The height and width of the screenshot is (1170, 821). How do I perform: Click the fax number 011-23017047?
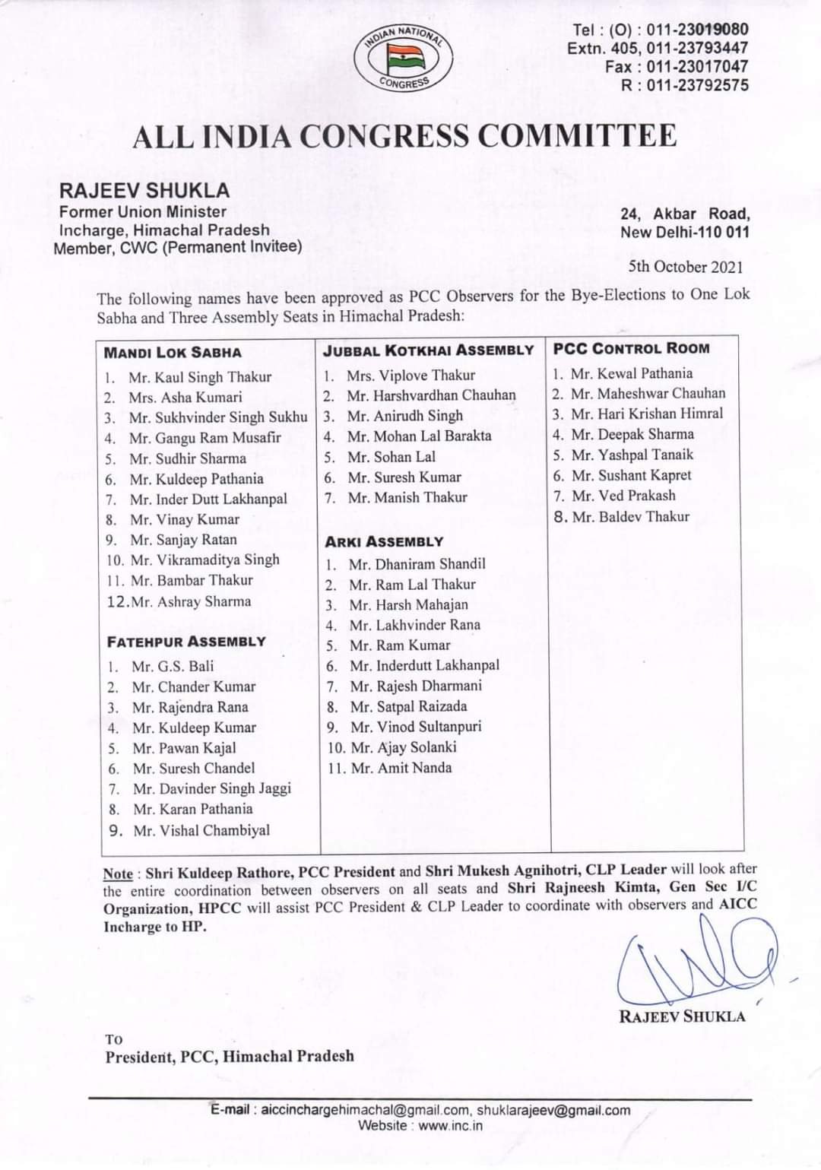point(697,67)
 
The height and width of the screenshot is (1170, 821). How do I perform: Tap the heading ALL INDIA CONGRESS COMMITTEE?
point(404,136)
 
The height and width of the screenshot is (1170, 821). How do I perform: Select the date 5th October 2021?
point(686,267)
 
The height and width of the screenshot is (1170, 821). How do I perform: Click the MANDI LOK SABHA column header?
point(173,352)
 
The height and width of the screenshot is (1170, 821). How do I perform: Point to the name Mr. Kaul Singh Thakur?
point(199,377)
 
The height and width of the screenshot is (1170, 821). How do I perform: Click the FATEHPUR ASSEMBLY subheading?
point(186,642)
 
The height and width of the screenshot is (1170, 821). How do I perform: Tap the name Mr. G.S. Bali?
point(173,667)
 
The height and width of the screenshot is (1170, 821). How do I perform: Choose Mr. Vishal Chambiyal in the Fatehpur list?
point(201,830)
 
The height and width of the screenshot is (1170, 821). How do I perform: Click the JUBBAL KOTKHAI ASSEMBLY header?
point(429,350)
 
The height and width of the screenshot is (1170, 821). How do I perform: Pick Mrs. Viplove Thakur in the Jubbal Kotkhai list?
point(410,376)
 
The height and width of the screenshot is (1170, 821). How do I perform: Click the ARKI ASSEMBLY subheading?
point(384,542)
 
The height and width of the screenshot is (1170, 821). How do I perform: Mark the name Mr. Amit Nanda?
point(401,768)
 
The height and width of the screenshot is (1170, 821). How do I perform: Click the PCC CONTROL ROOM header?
point(631,349)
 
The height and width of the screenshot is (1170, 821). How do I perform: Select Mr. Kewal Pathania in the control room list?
point(631,373)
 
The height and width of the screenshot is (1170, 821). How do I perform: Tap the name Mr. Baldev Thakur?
point(630,517)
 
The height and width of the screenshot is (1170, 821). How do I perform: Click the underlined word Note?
point(118,874)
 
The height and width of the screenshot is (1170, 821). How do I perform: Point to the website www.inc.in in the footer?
point(450,1125)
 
